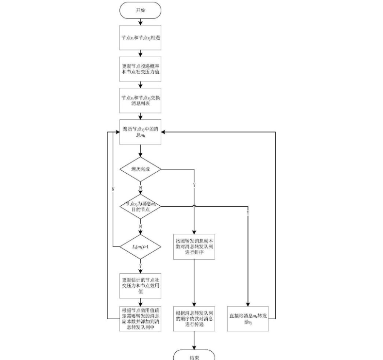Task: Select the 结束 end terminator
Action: (x=194, y=356)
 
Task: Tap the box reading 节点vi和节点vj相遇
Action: (x=140, y=37)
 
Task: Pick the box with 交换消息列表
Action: (x=140, y=100)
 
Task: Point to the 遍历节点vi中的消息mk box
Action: (x=140, y=132)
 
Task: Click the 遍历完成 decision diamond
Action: (x=140, y=170)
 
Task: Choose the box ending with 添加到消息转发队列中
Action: (x=140, y=318)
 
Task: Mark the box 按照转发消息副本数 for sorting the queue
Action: (x=194, y=247)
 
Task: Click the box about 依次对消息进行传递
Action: (x=194, y=318)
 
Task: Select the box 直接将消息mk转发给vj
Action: (x=248, y=318)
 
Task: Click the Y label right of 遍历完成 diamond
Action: (x=194, y=185)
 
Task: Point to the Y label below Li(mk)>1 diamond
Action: (x=141, y=266)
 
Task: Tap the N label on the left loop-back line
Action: (x=113, y=188)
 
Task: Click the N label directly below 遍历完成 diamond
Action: (x=141, y=187)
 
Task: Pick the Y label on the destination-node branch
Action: (x=248, y=213)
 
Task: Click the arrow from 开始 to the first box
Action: (x=140, y=21)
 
